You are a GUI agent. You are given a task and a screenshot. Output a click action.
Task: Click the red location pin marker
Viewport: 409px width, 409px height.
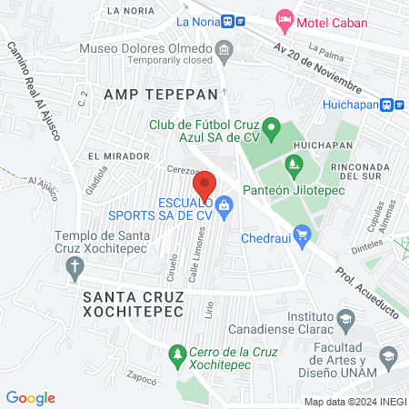coord(204,185)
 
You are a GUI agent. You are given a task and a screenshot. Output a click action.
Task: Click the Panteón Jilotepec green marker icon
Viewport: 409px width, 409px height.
coord(293,165)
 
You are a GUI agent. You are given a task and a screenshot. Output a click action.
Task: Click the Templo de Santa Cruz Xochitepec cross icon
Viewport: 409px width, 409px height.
coord(75,266)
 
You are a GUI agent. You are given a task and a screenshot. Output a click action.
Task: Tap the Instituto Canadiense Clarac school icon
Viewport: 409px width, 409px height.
coord(345,320)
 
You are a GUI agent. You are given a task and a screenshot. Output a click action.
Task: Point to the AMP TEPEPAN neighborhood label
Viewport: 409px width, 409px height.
coord(162,94)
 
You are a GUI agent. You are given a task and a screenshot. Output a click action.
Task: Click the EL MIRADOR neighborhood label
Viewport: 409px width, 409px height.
coord(119,156)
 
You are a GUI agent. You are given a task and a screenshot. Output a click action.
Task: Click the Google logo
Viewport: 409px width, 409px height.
coord(30,397)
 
